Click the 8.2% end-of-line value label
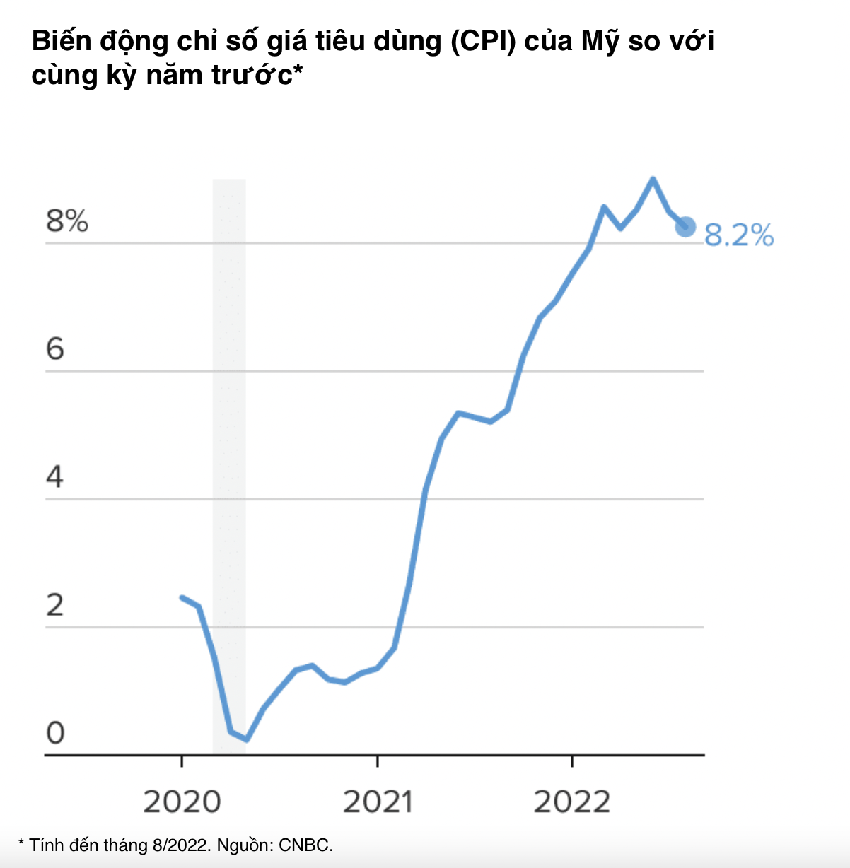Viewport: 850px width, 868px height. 739,235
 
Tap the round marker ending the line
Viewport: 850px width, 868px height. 685,226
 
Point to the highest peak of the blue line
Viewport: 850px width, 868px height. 653,180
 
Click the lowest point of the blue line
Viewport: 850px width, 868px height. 245,739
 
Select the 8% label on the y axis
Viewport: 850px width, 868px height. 67,221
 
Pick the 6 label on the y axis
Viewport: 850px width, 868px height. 55,349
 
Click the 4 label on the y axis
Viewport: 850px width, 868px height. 55,477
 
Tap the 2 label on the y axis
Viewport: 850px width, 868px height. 55,605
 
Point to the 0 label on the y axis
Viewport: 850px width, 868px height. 55,733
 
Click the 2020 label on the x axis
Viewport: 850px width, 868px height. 182,802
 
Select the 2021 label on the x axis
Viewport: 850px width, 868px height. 378,802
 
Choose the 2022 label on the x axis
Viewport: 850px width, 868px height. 571,802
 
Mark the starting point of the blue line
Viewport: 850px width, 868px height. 182,597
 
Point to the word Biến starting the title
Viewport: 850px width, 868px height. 62,42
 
